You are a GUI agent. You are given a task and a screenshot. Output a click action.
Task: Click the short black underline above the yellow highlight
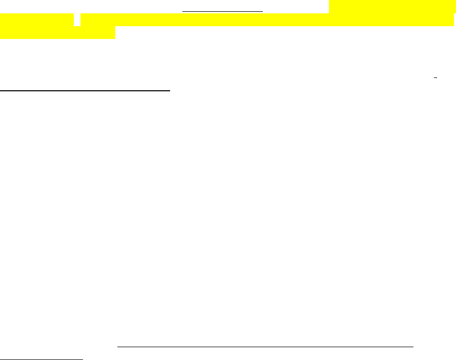tap(223, 10)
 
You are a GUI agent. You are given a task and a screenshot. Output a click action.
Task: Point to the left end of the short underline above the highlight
tap(183, 10)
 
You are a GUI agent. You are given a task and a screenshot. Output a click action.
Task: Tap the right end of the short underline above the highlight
tap(262, 10)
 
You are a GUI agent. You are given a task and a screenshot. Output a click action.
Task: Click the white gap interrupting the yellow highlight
tap(77, 19)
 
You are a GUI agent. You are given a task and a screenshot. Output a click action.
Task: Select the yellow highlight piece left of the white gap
tap(36, 20)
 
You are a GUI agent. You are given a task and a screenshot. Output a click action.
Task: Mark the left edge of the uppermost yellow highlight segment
tap(329, 7)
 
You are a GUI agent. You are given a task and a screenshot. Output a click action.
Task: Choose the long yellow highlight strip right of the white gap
tap(266, 20)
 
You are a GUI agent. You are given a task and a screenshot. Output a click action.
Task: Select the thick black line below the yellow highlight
tap(85, 91)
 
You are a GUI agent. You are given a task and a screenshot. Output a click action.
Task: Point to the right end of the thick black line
tap(170, 91)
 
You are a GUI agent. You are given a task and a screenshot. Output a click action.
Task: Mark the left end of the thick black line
tap(1, 91)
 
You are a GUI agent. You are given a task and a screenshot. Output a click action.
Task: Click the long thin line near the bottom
tap(265, 347)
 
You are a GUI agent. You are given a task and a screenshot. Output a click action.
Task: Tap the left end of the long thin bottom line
tap(117, 347)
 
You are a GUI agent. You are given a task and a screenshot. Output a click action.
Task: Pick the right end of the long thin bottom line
tap(413, 347)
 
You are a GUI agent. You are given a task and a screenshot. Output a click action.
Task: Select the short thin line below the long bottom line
tap(41, 359)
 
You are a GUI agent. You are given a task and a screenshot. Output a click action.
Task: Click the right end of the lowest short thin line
tap(82, 359)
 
